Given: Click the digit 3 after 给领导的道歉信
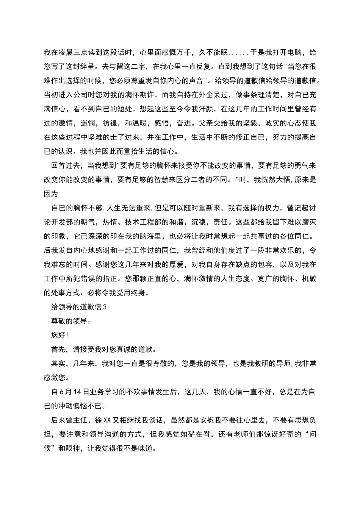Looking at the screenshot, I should coord(105,308).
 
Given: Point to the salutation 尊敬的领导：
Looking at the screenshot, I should coord(71,322).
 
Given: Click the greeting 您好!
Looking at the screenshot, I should coord(60,336).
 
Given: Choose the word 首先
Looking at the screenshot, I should coord(58,350).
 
